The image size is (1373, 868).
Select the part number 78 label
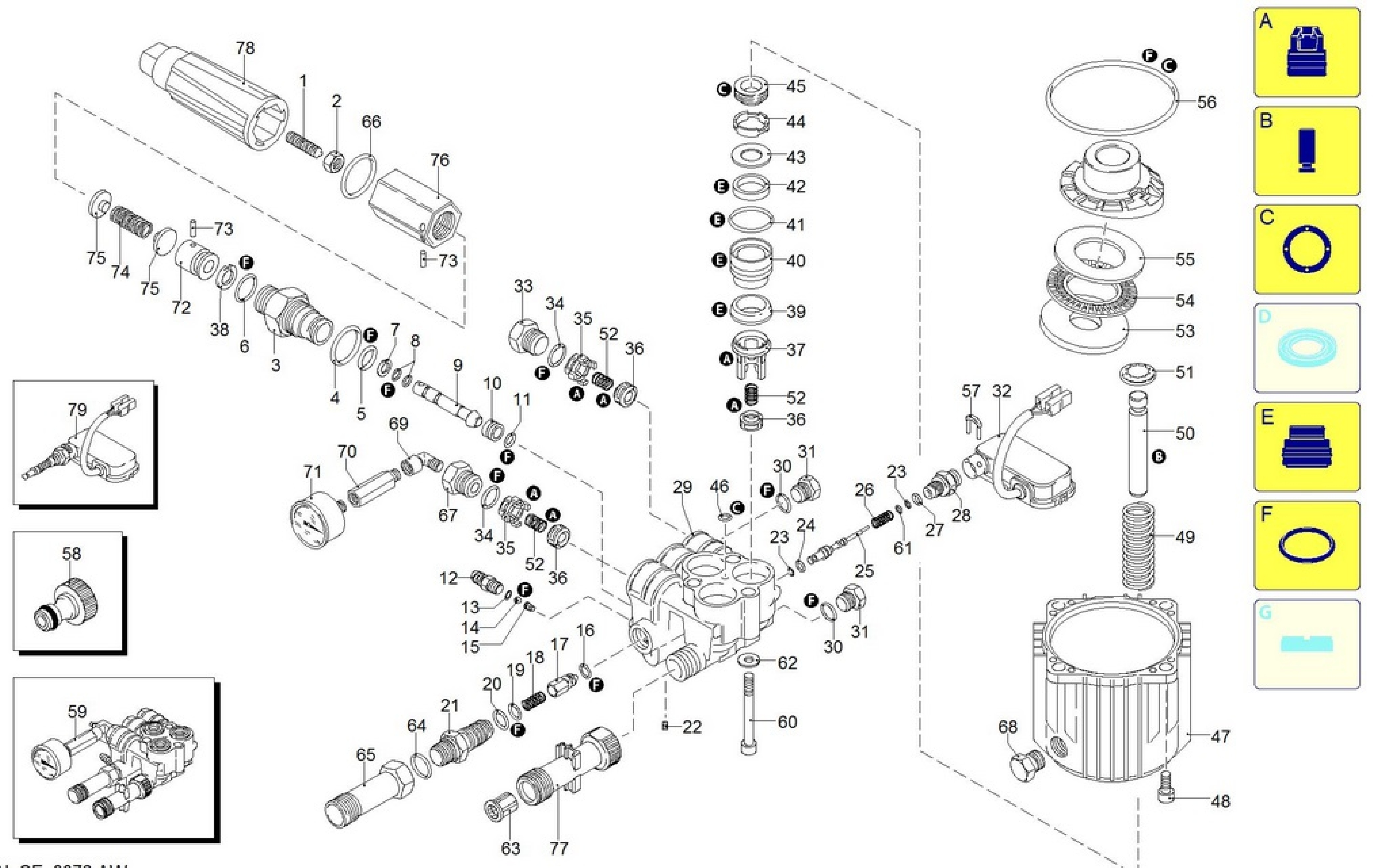point(245,48)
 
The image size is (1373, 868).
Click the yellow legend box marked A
point(1306,52)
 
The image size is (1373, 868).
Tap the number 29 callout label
point(682,487)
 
